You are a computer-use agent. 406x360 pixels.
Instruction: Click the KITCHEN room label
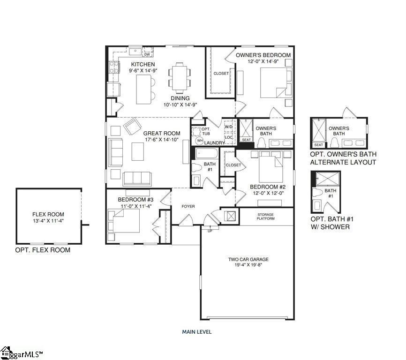click(x=143, y=64)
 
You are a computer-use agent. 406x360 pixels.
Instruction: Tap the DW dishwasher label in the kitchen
click(x=146, y=54)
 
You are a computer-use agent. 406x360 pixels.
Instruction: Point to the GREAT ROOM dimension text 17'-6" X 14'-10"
click(x=162, y=140)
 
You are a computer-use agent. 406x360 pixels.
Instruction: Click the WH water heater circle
click(x=200, y=141)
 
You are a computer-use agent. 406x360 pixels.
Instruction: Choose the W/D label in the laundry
click(x=229, y=127)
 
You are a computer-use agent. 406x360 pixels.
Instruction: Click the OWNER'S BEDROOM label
click(x=263, y=55)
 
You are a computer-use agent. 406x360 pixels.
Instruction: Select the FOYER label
click(x=188, y=206)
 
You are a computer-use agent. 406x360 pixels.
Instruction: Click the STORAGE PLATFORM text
click(x=265, y=217)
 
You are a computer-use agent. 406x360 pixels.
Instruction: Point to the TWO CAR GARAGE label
click(x=248, y=259)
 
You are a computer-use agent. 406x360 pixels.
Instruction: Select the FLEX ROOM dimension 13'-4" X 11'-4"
click(x=49, y=221)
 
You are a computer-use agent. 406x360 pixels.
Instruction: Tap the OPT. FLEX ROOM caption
click(x=43, y=250)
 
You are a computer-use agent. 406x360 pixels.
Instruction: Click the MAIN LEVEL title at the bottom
click(x=197, y=331)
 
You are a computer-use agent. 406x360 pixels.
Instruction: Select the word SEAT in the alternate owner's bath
click(x=318, y=145)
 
